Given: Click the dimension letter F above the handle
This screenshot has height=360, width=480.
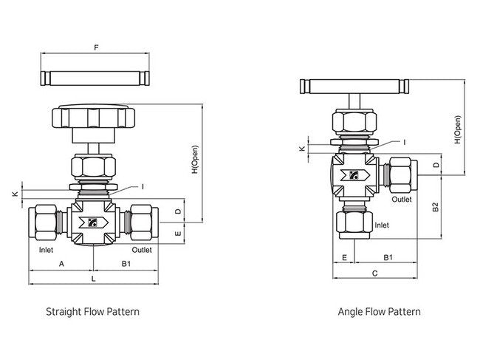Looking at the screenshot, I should point(96,47).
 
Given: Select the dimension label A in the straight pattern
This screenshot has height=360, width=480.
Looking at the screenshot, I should point(61,263).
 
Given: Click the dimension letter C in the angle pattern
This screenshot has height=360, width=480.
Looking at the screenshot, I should point(374,273).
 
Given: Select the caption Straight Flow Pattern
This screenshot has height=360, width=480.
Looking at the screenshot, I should point(92,312).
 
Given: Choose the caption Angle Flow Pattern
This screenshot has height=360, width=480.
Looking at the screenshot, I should point(379,312).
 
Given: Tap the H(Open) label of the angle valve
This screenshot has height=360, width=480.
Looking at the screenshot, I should point(457,130).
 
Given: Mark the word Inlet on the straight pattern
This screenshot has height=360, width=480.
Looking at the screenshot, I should point(46,250).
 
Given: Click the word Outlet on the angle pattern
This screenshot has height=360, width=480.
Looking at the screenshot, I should point(402,200).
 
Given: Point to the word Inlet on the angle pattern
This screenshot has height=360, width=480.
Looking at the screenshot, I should point(382,225).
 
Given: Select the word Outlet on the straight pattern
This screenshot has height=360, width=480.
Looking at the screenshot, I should point(142,250).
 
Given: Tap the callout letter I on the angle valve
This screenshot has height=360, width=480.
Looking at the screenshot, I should point(404,141).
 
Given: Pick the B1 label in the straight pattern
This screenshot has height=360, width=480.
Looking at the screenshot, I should point(126,263).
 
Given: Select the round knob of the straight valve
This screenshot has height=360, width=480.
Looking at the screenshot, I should point(92,118).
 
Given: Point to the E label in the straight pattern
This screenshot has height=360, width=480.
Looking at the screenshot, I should point(177,233).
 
